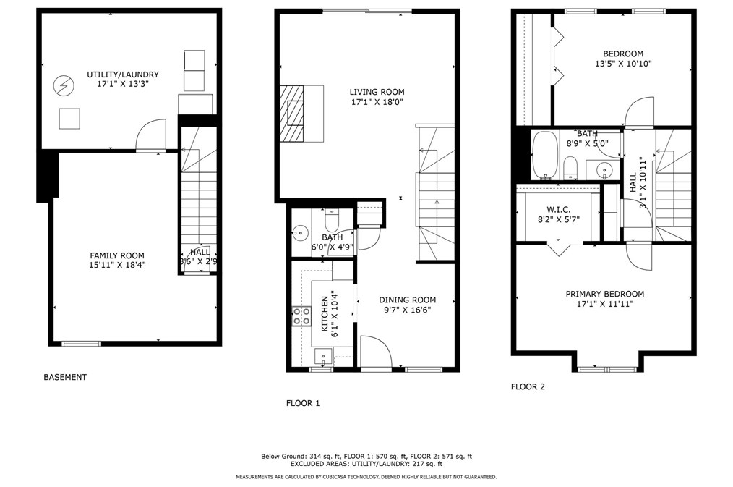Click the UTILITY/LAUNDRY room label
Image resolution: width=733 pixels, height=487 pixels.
123,75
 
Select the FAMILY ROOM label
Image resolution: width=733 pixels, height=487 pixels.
117,255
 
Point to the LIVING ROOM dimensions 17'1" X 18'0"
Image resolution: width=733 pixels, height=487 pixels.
377,103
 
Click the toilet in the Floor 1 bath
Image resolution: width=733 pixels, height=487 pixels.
332,218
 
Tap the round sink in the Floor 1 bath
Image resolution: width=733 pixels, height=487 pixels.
300,233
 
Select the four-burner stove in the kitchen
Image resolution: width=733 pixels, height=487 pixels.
301,316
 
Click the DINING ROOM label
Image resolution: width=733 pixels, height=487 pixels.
408,300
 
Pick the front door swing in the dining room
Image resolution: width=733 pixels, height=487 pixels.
375,353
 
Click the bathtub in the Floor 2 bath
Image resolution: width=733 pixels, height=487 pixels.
544,155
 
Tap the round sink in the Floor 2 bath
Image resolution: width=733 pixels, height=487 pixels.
604,170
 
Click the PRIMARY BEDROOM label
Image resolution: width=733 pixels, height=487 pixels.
604,294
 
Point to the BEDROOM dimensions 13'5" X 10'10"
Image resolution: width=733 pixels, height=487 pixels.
623,64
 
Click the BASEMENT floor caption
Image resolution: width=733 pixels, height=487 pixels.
65,377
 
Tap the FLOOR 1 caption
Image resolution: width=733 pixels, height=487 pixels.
302,403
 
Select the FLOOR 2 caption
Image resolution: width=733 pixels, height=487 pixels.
528,386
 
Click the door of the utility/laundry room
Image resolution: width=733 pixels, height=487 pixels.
151,135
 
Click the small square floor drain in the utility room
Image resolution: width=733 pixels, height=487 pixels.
69,118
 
